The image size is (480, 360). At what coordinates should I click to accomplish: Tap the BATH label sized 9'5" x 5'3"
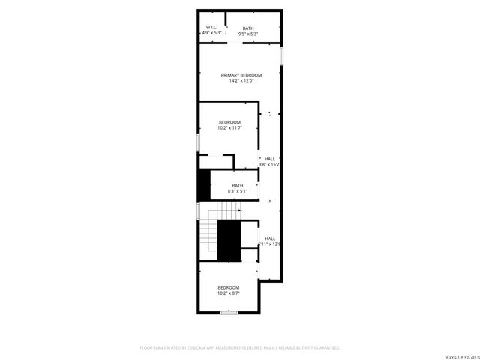pyautogui.click(x=247, y=28)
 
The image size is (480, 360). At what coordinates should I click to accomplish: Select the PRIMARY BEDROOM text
pyautogui.click(x=241, y=75)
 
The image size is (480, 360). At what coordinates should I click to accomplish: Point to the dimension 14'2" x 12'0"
pyautogui.click(x=241, y=80)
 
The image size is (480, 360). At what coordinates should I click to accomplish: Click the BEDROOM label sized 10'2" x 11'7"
pyautogui.click(x=229, y=122)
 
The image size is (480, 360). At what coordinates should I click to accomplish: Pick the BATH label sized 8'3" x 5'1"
pyautogui.click(x=237, y=186)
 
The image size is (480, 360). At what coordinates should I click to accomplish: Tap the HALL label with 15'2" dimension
pyautogui.click(x=269, y=159)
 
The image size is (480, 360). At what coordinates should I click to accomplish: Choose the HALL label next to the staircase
pyautogui.click(x=269, y=239)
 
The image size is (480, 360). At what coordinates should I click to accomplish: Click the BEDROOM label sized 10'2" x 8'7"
pyautogui.click(x=228, y=288)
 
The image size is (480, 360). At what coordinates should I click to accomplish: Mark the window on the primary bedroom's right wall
pyautogui.click(x=282, y=56)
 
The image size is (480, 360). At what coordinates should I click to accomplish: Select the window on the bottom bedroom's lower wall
pyautogui.click(x=229, y=312)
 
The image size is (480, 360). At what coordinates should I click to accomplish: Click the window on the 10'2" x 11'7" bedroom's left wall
pyautogui.click(x=198, y=142)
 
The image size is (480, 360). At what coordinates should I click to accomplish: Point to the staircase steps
pyautogui.click(x=208, y=232)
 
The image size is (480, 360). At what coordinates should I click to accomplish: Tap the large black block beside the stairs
pyautogui.click(x=228, y=241)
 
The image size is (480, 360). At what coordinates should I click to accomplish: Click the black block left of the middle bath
pyautogui.click(x=203, y=186)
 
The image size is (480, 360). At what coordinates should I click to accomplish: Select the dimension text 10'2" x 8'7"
pyautogui.click(x=228, y=293)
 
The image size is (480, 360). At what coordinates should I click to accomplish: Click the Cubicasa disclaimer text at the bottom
pyautogui.click(x=240, y=348)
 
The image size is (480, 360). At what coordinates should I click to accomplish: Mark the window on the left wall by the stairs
pyautogui.click(x=198, y=211)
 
